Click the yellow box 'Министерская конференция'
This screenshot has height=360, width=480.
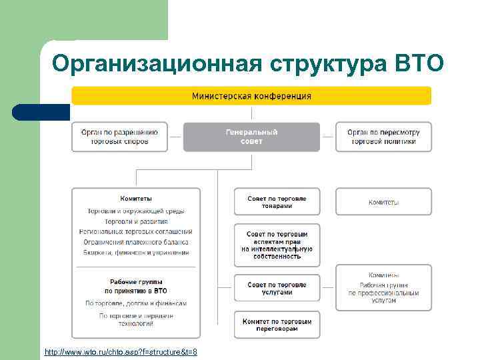[251, 96]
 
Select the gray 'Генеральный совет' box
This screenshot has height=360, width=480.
[251, 137]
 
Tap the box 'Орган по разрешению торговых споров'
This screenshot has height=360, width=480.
[119, 137]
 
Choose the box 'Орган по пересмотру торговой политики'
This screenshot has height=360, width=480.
[383, 137]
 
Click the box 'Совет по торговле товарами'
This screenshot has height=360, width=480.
[277, 202]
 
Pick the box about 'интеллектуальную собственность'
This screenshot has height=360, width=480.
[277, 245]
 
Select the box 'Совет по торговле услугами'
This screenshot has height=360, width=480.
[277, 288]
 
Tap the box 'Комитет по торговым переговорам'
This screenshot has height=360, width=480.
[277, 325]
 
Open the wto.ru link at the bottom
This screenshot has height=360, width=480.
[121, 351]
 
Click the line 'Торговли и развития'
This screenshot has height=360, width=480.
[136, 221]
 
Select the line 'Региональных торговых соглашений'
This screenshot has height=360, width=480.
[136, 231]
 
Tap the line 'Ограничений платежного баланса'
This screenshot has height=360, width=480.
[136, 242]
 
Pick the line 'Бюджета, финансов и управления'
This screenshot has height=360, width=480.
[136, 253]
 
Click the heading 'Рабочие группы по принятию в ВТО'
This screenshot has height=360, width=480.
[136, 286]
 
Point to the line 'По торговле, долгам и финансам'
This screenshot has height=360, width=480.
[136, 303]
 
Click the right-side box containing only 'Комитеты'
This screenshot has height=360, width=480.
[383, 202]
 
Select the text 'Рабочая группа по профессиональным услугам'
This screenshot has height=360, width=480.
[383, 293]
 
